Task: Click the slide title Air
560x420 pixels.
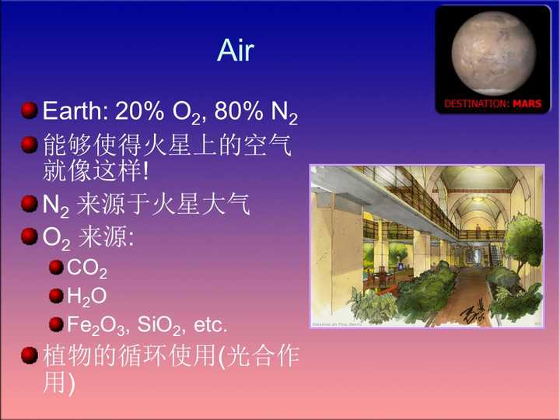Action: pos(236,51)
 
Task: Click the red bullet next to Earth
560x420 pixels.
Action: pos(30,110)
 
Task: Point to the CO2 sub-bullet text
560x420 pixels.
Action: pos(87,269)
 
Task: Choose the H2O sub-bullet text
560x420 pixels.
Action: pos(86,296)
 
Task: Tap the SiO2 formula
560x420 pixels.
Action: pos(155,324)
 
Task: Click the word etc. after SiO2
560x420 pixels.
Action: pos(206,323)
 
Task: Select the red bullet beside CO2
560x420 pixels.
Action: pos(56,268)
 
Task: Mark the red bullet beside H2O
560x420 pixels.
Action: pos(56,295)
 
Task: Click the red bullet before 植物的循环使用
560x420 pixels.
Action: pos(30,355)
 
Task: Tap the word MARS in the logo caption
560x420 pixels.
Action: pos(527,103)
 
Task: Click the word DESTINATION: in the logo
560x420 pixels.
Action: pos(477,103)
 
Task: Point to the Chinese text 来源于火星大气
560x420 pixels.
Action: pos(163,205)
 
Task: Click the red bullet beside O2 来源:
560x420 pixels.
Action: pos(30,235)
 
